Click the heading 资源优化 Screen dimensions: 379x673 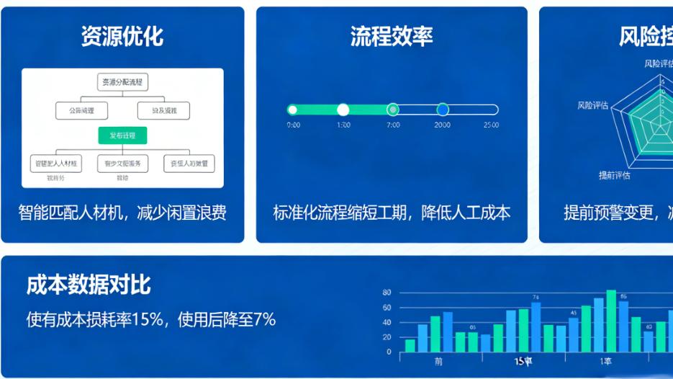click(122, 36)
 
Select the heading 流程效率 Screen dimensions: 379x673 click(392, 36)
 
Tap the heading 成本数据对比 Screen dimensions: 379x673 click(89, 285)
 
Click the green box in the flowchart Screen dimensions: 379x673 click(122, 135)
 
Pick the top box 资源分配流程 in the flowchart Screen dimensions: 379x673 click(122, 82)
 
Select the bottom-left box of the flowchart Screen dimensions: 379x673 click(55, 164)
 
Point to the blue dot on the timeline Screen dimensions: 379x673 click(443, 110)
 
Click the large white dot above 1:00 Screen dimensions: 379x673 click(343, 110)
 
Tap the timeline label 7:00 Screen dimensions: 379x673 click(392, 125)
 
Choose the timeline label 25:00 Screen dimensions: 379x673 click(491, 125)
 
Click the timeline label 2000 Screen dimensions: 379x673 click(442, 125)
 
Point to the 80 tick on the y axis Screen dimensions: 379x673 click(387, 293)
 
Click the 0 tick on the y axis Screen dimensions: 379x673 click(389, 352)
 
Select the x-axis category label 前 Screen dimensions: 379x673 click(439, 361)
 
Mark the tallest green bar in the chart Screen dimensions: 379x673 click(611, 321)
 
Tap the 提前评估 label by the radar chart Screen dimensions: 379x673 click(614, 175)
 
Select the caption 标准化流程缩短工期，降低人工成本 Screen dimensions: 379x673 click(392, 213)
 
